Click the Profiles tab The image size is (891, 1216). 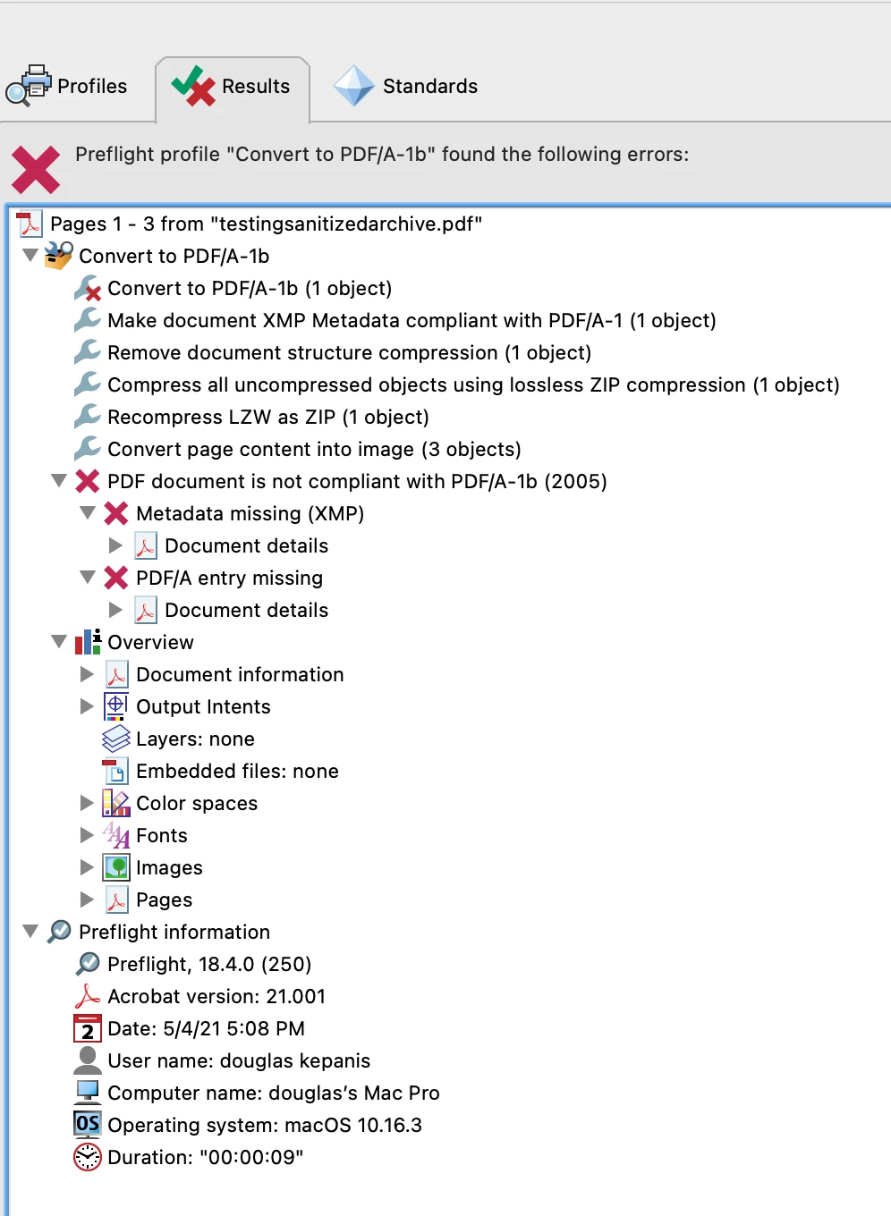click(67, 86)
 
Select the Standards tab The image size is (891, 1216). click(405, 86)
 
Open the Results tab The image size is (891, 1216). click(232, 86)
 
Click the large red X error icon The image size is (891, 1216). click(36, 169)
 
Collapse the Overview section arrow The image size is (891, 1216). click(59, 642)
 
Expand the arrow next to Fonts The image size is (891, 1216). click(87, 835)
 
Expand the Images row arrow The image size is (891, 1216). click(87, 867)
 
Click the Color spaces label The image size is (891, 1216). click(197, 803)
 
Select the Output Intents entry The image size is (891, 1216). click(203, 706)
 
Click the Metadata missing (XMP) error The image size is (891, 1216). click(250, 513)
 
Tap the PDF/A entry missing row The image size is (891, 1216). click(229, 578)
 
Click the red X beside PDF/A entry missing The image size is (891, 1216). click(115, 578)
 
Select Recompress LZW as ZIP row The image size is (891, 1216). click(268, 417)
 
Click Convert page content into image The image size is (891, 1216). click(314, 449)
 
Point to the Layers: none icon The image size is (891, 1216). click(115, 739)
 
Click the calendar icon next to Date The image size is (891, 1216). click(87, 1028)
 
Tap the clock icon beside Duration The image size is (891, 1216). click(87, 1157)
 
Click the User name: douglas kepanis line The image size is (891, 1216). click(239, 1060)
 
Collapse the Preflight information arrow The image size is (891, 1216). click(30, 932)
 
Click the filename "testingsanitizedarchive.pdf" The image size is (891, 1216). click(346, 224)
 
